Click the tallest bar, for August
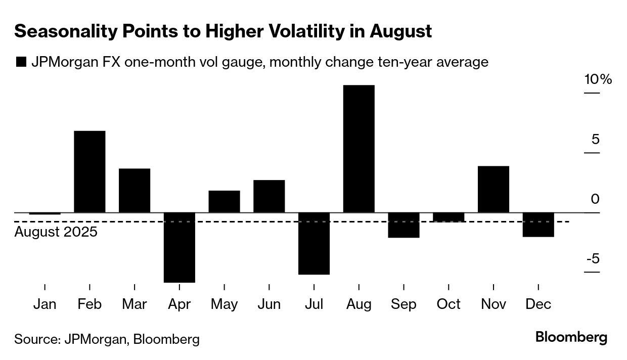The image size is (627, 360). (359, 149)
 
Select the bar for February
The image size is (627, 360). (89, 171)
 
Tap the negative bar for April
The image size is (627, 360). (180, 247)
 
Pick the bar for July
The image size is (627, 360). (314, 243)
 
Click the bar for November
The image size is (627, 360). (494, 189)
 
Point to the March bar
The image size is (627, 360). (135, 190)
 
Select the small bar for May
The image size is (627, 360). (224, 201)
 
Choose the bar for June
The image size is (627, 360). (269, 196)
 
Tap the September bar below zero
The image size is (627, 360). (404, 225)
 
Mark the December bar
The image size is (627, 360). (539, 224)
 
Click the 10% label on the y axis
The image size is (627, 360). (598, 80)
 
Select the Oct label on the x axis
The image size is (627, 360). (449, 304)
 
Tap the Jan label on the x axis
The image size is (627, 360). (45, 304)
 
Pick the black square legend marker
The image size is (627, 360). (21, 62)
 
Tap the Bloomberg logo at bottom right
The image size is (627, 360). (571, 337)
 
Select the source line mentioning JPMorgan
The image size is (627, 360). (107, 339)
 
